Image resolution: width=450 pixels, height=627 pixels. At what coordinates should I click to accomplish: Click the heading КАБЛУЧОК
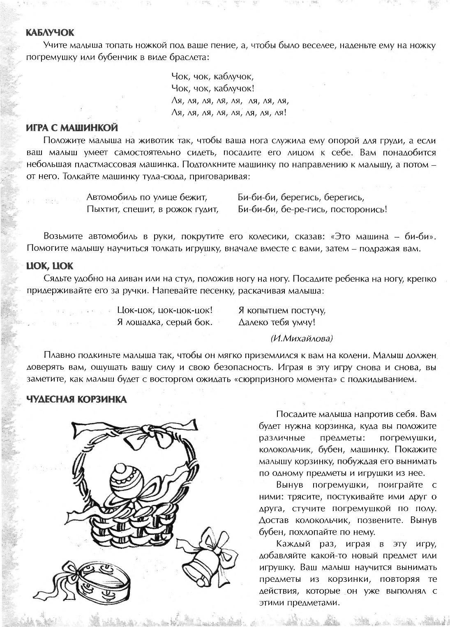pos(50,33)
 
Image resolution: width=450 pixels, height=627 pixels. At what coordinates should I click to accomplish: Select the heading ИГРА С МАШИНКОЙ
pos(72,127)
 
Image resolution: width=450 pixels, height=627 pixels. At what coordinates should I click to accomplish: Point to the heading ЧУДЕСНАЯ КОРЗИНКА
pos(76,399)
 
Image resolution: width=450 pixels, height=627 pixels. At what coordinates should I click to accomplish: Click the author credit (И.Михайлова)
pos(302,338)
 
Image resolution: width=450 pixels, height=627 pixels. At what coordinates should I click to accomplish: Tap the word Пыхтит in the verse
pos(99,209)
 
